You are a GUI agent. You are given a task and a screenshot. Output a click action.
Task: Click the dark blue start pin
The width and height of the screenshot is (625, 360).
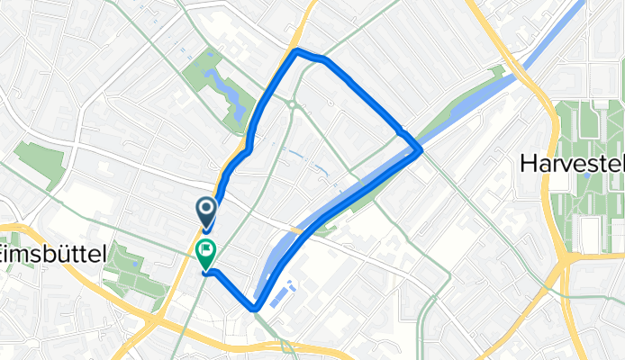coord(205,211)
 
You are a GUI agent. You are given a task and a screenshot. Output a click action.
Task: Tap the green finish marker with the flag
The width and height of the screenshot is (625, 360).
coord(205,254)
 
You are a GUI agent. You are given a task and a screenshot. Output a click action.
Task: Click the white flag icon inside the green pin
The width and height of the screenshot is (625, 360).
coord(205,250)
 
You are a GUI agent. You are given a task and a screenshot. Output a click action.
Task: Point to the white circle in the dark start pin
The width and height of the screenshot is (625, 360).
coord(205,209)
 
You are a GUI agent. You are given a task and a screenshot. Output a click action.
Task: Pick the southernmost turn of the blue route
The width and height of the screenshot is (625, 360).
coord(256,309)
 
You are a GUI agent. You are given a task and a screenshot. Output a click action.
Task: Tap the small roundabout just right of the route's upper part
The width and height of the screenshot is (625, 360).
coord(294,104)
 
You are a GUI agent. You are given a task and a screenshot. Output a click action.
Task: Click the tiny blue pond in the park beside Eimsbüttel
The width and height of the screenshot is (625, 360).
coord(135,264)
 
